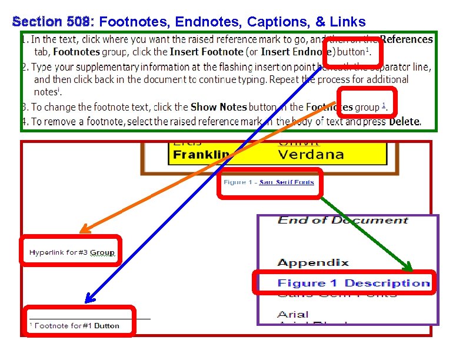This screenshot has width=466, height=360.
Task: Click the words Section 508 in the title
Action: point(52,22)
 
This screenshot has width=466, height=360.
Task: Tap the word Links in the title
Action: point(348,22)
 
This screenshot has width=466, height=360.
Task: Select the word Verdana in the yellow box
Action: point(310,155)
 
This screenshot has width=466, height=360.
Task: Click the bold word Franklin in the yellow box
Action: point(201,155)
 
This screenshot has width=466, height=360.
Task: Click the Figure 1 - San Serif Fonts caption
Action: point(268,182)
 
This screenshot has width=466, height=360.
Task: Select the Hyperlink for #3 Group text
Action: point(72,252)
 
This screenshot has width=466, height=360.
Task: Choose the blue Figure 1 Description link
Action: point(353,283)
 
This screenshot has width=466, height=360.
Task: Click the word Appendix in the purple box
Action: point(312,262)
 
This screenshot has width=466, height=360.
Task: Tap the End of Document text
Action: point(342,220)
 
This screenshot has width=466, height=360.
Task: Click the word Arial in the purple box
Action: point(292,314)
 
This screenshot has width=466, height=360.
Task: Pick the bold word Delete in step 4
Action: point(404,122)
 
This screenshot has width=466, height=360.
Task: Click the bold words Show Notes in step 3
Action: point(218,107)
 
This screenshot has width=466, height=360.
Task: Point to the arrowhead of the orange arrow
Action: point(83,229)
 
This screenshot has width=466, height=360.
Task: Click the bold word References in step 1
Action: point(407,39)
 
